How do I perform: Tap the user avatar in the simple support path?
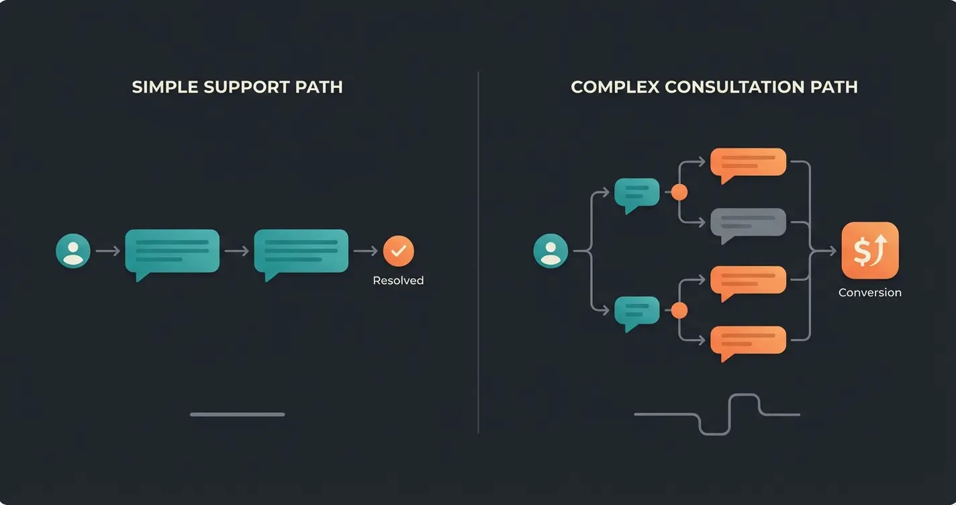[x=73, y=251]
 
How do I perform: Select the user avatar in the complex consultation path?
[x=551, y=251]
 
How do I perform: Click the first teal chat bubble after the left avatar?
[x=173, y=251]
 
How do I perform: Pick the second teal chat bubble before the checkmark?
[x=301, y=251]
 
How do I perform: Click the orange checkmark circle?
[x=399, y=251]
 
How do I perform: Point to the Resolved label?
[x=398, y=281]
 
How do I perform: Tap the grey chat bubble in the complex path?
[x=748, y=223]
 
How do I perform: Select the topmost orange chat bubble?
[x=748, y=163]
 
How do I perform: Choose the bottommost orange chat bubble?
[x=748, y=340]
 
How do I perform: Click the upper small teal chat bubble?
[x=636, y=193]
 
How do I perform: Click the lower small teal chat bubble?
[x=636, y=310]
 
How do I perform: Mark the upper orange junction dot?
[x=679, y=193]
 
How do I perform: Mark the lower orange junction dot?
[x=679, y=310]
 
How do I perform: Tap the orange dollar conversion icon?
[x=870, y=250]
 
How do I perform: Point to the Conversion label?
[x=870, y=293]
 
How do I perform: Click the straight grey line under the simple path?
[x=238, y=414]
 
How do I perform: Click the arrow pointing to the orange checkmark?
[x=366, y=251]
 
